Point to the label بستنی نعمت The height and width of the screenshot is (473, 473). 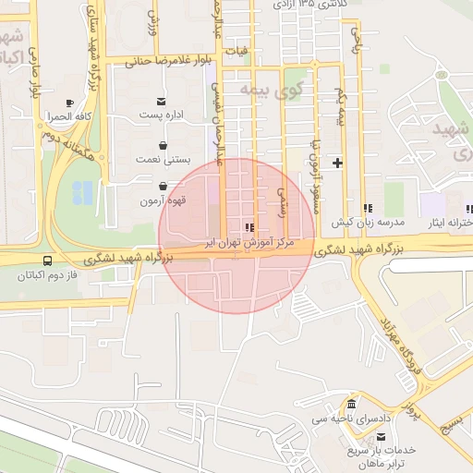tap(163, 159)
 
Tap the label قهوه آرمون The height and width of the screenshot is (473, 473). tap(164, 200)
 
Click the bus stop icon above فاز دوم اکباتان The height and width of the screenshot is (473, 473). tap(47, 261)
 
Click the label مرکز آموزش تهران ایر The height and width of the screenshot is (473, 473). tap(250, 240)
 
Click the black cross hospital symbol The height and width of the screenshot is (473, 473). tap(337, 164)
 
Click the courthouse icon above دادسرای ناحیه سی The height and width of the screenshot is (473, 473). tap(351, 406)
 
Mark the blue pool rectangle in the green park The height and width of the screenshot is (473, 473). tap(82, 192)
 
